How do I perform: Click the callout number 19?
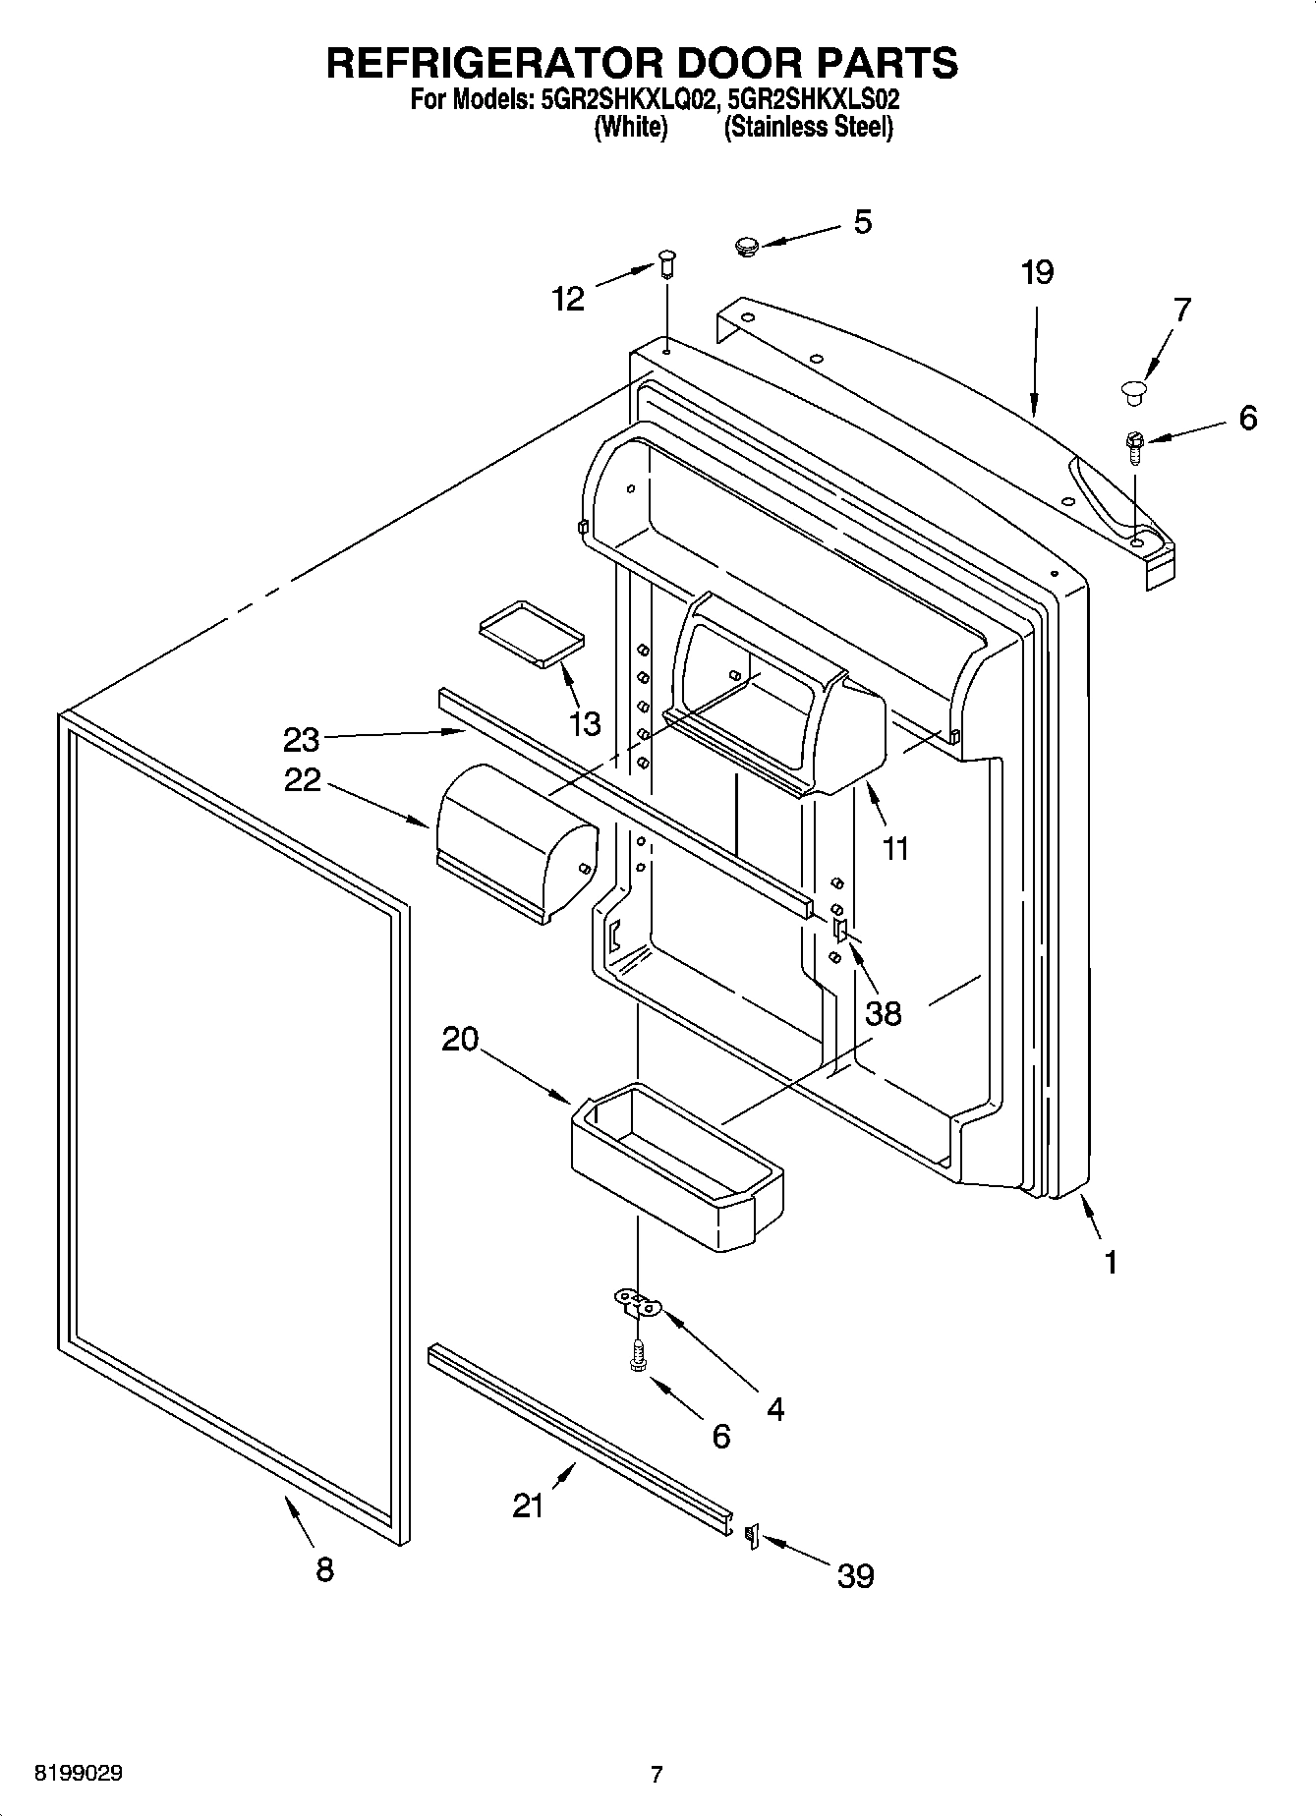pyautogui.click(x=1037, y=272)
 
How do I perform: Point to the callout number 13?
pyautogui.click(x=584, y=724)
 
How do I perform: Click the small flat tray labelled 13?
pyautogui.click(x=531, y=634)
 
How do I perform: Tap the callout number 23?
pyautogui.click(x=302, y=737)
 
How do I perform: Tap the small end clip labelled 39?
pyautogui.click(x=753, y=1535)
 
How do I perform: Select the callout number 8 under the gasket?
pyautogui.click(x=325, y=1569)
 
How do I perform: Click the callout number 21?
pyautogui.click(x=529, y=1505)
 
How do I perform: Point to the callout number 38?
pyautogui.click(x=883, y=1012)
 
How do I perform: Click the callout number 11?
pyautogui.click(x=895, y=847)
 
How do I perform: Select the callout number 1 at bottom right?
pyautogui.click(x=1111, y=1262)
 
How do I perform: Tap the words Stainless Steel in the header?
pyautogui.click(x=808, y=128)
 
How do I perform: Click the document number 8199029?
pyautogui.click(x=79, y=1774)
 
